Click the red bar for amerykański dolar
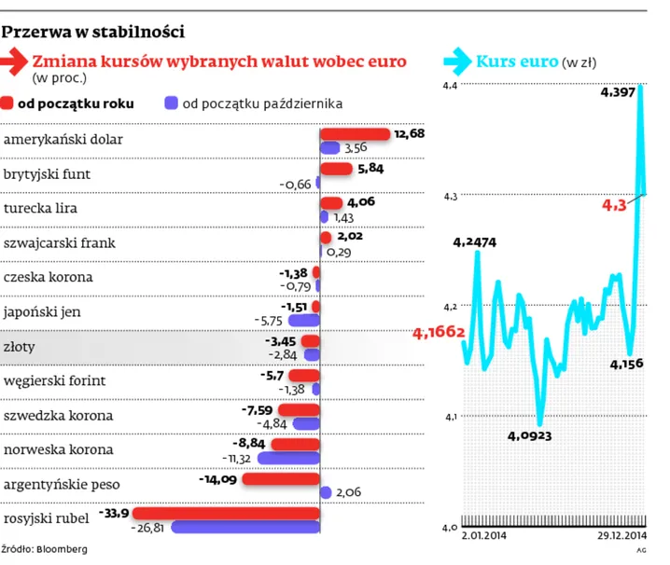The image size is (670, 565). tap(355, 134)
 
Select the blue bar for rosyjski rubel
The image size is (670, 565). tap(245, 528)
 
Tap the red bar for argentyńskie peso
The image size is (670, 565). tap(281, 479)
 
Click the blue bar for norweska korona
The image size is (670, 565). tap(288, 459)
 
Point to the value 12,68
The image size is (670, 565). tap(409, 134)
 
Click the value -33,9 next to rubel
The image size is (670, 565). tap(116, 512)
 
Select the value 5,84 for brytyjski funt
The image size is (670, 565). tap(371, 169)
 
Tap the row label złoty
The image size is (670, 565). tap(21, 345)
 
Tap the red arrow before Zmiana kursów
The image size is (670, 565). tap(17, 62)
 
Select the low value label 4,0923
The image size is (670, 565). tap(529, 435)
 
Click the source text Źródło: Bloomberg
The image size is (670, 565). tap(45, 549)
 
